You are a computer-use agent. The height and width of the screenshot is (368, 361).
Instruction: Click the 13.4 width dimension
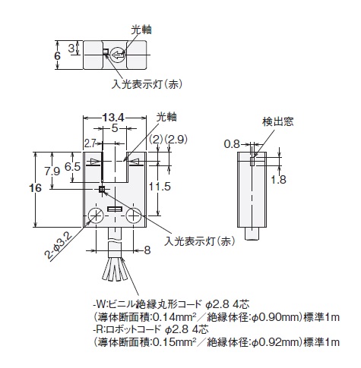[x=113, y=117]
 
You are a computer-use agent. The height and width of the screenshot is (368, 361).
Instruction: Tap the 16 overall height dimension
[x=35, y=188]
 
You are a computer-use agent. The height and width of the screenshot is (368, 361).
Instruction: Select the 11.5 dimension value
[x=160, y=187]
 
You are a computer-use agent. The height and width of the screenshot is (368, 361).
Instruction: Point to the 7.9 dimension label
[x=52, y=171]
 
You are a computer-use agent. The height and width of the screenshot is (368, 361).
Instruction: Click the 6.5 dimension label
[x=73, y=167]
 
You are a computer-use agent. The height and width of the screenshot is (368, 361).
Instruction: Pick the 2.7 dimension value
[x=90, y=143]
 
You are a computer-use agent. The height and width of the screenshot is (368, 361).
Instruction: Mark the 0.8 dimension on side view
[x=232, y=144]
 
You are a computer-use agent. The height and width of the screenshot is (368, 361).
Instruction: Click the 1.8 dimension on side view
[x=278, y=180]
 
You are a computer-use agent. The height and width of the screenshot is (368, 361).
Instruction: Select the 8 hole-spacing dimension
[x=147, y=250]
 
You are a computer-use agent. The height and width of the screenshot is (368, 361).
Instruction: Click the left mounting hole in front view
[x=96, y=215]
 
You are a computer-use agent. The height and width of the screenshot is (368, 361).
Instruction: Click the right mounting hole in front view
[x=134, y=215]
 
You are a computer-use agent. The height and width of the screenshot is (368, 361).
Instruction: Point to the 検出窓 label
[x=277, y=121]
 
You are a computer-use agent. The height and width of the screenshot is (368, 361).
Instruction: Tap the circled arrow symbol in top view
[x=118, y=55]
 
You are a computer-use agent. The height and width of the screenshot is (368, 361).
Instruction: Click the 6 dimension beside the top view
[x=58, y=55]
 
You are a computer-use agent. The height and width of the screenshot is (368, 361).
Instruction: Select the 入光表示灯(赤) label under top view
[x=147, y=84]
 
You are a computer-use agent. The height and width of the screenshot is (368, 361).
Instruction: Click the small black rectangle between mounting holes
[x=115, y=209]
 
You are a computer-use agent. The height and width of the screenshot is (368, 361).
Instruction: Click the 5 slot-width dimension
[x=115, y=128]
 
